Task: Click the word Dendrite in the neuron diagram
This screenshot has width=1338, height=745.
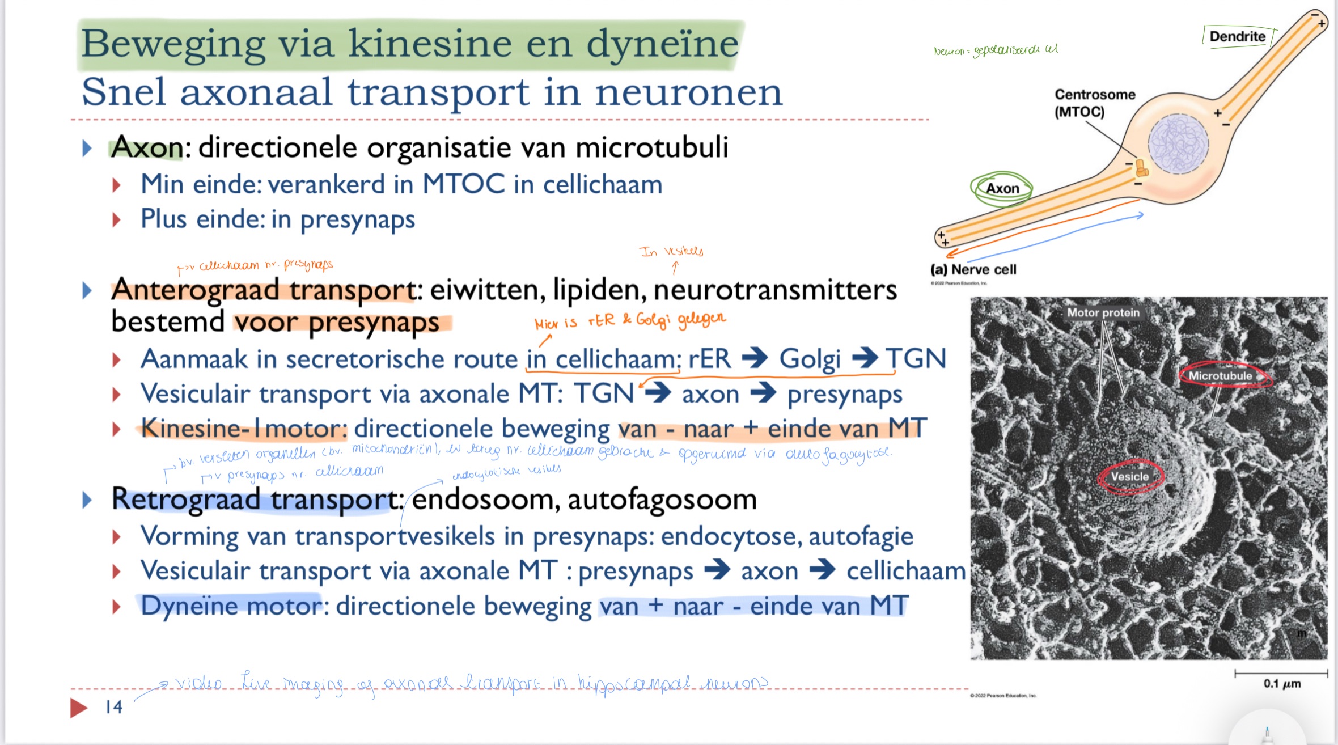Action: pyautogui.click(x=1237, y=37)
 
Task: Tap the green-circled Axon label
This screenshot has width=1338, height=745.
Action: pyautogui.click(x=1002, y=188)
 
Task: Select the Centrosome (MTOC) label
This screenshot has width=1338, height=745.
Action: pyautogui.click(x=1094, y=103)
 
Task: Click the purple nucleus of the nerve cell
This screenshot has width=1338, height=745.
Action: pyautogui.click(x=1178, y=143)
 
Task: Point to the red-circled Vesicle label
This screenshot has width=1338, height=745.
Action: pyautogui.click(x=1129, y=477)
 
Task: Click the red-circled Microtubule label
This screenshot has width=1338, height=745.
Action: pyautogui.click(x=1220, y=376)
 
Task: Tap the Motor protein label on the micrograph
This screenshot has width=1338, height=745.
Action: pyautogui.click(x=1103, y=312)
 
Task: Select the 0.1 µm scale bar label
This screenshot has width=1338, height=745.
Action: pyautogui.click(x=1281, y=683)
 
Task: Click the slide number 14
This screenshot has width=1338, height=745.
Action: pyautogui.click(x=113, y=706)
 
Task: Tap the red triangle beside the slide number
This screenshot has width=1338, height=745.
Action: pyautogui.click(x=78, y=707)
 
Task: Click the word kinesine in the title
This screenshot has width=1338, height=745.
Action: pyautogui.click(x=430, y=44)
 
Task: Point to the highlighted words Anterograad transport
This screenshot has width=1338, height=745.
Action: pyautogui.click(x=264, y=290)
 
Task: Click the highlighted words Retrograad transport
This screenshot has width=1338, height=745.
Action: pyautogui.click(x=256, y=500)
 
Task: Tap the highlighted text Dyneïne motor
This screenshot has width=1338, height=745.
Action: pyautogui.click(x=231, y=606)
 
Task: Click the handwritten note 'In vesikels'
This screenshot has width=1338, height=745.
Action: pyautogui.click(x=671, y=251)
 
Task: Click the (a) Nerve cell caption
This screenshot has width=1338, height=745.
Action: pyautogui.click(x=973, y=269)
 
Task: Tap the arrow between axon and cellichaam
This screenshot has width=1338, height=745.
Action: pyautogui.click(x=822, y=570)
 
